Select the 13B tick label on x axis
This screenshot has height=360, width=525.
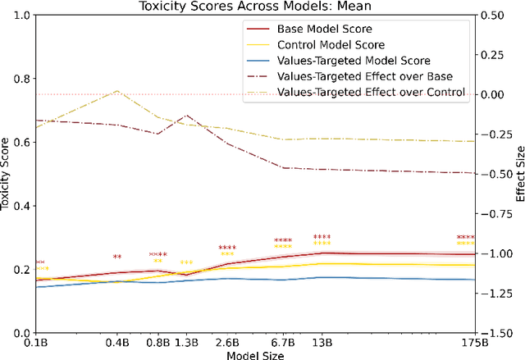point(322,342)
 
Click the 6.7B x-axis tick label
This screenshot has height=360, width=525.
point(283,342)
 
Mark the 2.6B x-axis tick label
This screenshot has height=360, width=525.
point(227,342)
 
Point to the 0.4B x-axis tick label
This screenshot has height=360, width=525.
point(117,342)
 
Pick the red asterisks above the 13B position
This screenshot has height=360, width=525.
point(322,237)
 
